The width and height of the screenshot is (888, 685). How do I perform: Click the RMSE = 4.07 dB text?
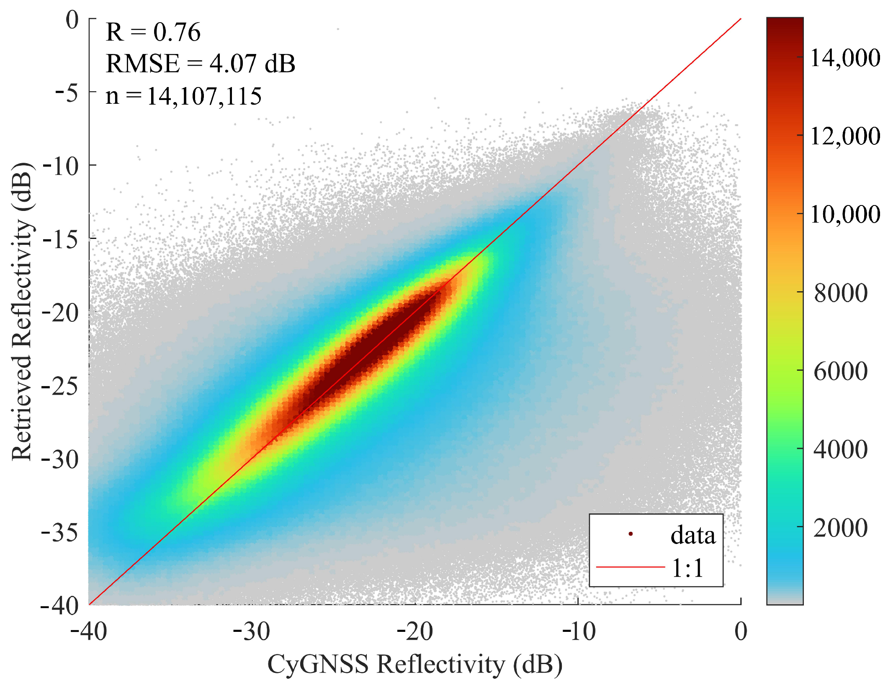coord(201,64)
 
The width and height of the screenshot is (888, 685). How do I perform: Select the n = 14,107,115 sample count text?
coord(183,96)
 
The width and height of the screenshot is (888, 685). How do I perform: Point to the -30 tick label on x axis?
coord(252,631)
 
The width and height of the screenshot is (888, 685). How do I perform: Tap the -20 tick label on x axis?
coord(414,631)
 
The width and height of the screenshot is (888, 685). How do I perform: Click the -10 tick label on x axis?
coord(578,631)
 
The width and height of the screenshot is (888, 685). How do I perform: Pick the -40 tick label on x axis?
coord(89,631)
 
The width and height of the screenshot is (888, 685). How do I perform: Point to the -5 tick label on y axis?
coord(67,92)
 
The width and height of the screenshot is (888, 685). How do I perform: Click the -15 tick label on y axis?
coord(61,239)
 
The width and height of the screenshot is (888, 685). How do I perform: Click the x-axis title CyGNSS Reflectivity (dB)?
coord(415,664)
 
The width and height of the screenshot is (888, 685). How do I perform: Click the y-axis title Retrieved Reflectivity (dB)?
coord(22,312)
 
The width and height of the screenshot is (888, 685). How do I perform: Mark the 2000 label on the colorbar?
coord(841,528)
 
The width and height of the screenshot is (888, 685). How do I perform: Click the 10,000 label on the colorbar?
coord(845,214)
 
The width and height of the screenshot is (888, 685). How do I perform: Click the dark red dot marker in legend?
coord(631,534)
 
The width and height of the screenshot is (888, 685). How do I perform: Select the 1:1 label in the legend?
coord(687,568)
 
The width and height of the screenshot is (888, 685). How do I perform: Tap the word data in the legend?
coord(693,535)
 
